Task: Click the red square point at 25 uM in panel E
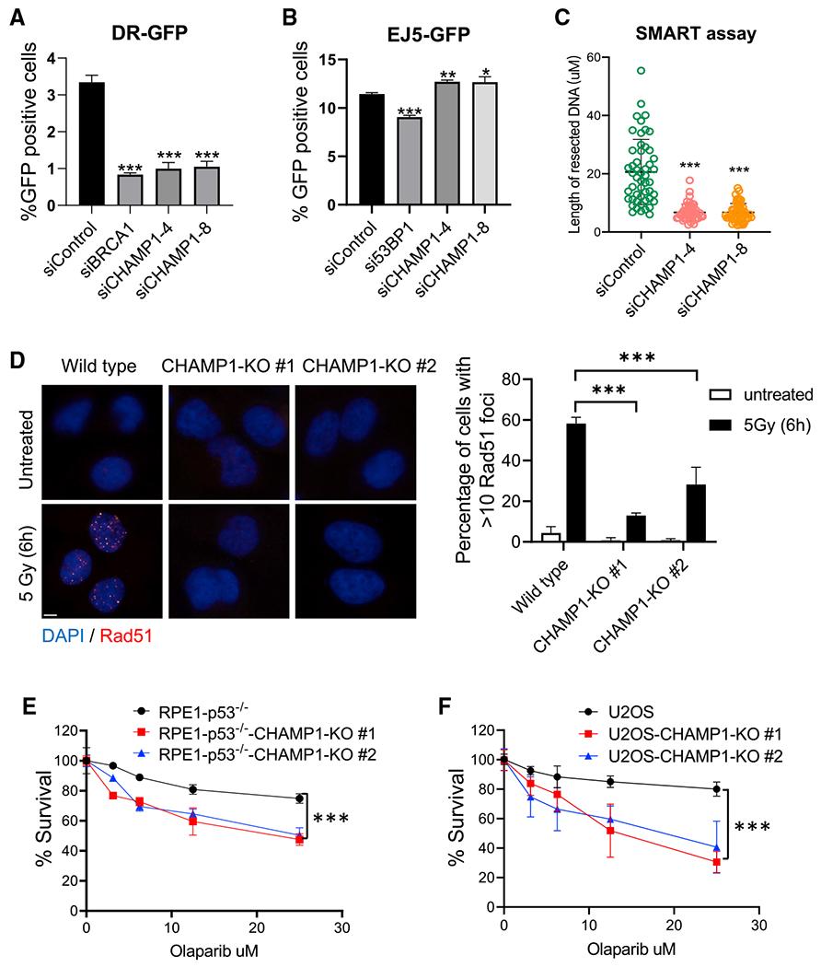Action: (300, 840)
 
